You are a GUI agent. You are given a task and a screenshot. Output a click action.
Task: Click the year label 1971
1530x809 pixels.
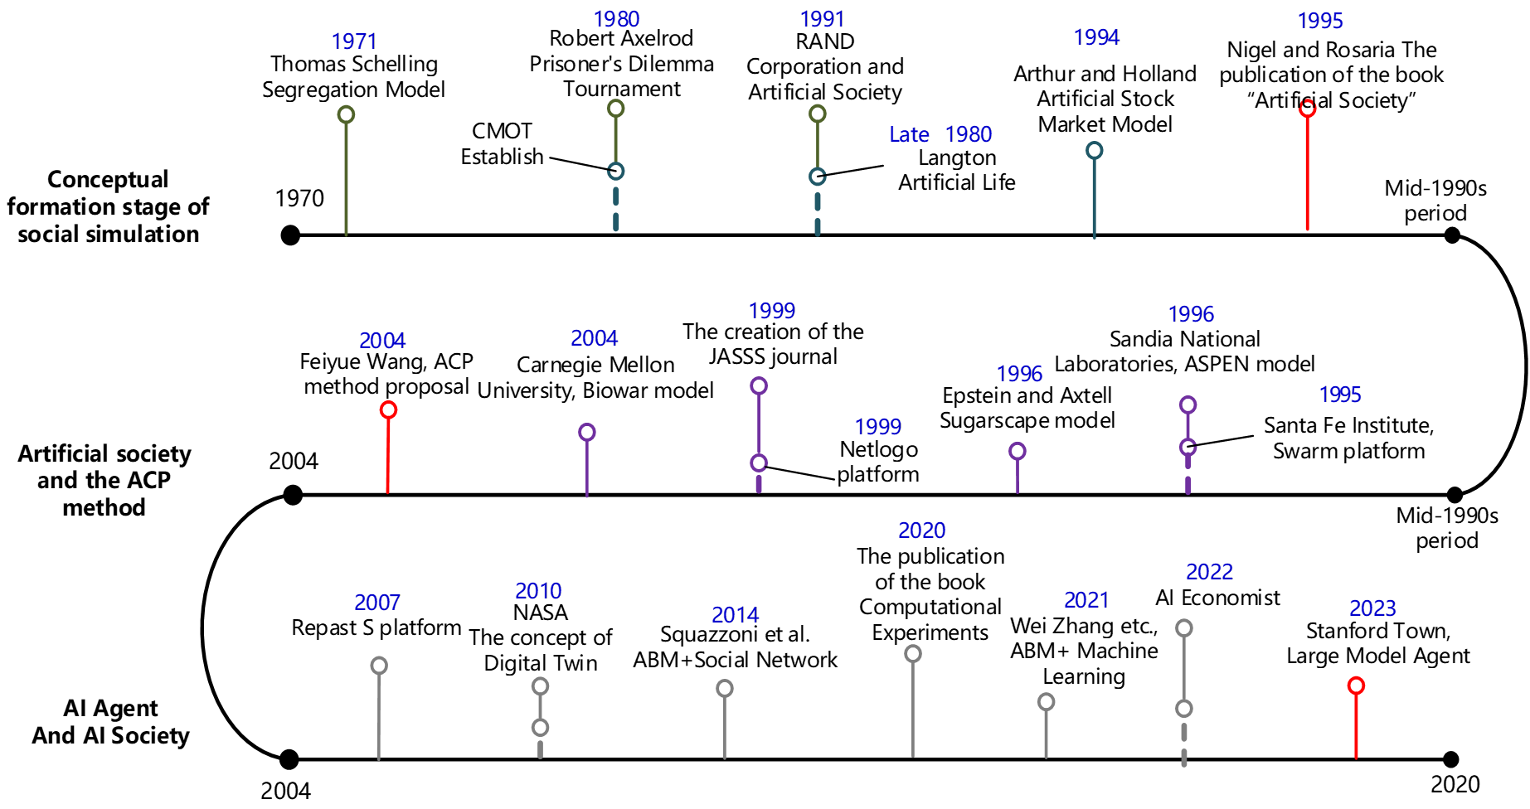coord(354,41)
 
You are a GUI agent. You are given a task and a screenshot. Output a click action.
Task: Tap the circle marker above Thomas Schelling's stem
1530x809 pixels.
coord(347,114)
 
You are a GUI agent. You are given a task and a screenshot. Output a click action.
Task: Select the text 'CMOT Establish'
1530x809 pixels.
coord(502,144)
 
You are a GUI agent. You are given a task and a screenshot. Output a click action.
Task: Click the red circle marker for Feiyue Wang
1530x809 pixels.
coord(388,409)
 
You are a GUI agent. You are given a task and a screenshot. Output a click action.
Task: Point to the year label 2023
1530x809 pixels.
coord(1372,608)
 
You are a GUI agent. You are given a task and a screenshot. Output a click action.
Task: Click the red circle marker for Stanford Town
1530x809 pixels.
coord(1356,685)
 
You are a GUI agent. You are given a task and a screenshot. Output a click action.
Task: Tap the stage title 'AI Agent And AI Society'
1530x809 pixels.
coord(110,721)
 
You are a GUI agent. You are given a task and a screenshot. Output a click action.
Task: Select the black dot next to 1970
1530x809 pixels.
coord(290,235)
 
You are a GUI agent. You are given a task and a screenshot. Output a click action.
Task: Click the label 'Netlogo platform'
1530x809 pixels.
coord(878,462)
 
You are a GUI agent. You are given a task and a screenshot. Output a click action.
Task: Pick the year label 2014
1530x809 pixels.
coord(735,615)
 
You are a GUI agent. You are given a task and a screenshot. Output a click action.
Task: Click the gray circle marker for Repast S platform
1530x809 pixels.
coord(379,666)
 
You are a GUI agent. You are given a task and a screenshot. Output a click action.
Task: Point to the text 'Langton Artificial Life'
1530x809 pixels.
coord(957,170)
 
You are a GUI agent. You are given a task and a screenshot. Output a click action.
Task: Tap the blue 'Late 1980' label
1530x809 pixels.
coord(940,134)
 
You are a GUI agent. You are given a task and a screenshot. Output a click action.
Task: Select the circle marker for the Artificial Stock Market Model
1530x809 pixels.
coord(1095,150)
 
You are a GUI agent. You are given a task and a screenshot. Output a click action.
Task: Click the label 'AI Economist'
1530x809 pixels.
coord(1217,598)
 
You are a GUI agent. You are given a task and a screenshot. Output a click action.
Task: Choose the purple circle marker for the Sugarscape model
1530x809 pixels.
coord(1018,451)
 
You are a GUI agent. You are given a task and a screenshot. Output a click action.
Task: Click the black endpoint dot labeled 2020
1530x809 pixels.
coord(1450,759)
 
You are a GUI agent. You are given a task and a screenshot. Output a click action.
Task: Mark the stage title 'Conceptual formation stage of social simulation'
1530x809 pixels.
coord(108,206)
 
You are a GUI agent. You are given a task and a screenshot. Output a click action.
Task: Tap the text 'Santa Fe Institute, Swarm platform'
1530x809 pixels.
coord(1348,438)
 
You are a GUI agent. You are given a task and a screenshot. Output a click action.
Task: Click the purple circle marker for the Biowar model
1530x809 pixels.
coord(587,432)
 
